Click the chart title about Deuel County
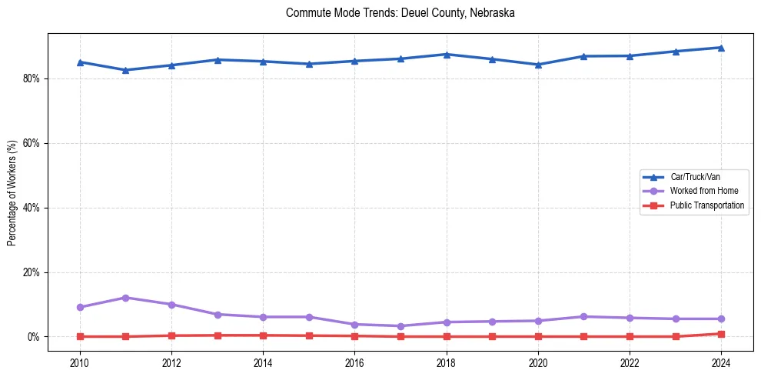(400, 13)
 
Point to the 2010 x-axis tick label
(79, 362)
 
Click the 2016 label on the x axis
(354, 362)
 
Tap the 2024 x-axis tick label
(721, 362)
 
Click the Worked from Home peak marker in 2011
(125, 298)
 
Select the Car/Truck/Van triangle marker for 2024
(721, 48)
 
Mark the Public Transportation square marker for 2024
(721, 334)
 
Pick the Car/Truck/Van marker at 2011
(125, 70)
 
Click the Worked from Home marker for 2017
(400, 326)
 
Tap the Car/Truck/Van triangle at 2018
(446, 54)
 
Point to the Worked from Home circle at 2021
(583, 317)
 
